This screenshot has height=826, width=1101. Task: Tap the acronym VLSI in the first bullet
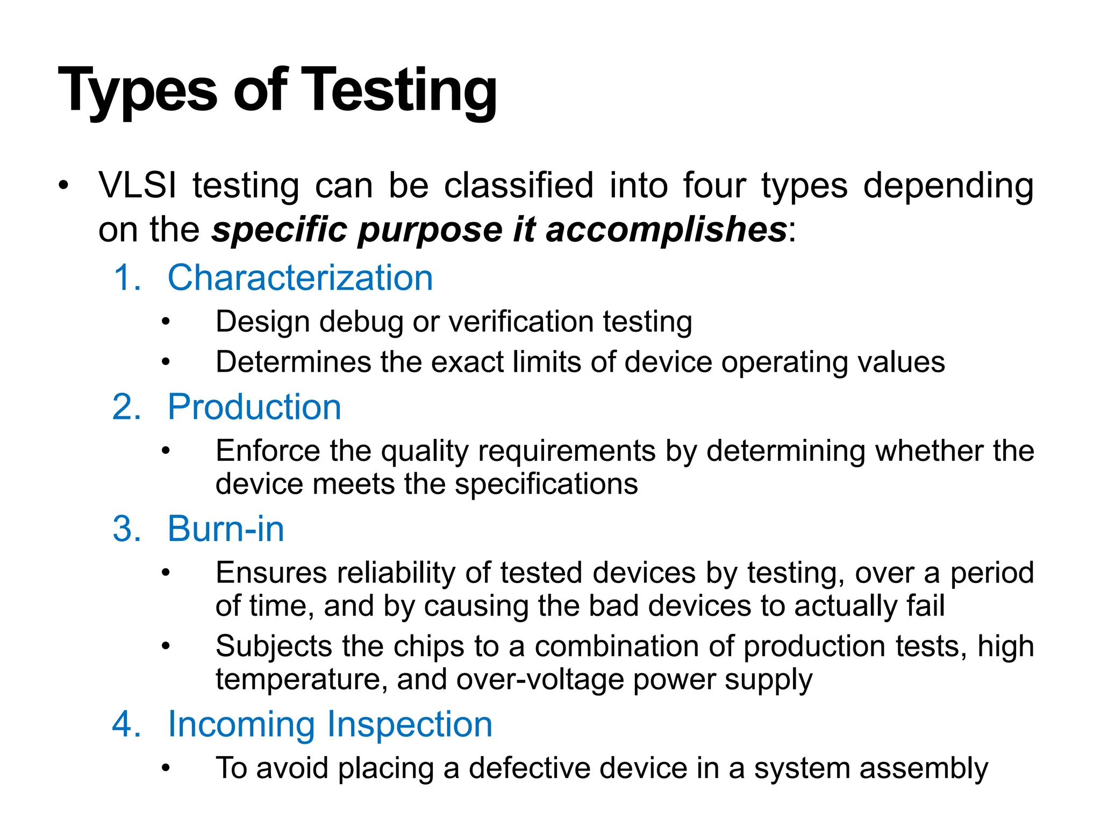[x=138, y=186]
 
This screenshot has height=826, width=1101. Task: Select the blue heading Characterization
[x=300, y=278]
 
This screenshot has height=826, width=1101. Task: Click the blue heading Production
[x=254, y=407]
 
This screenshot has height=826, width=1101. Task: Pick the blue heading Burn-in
[x=226, y=529]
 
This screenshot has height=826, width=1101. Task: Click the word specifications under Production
[x=546, y=484]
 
